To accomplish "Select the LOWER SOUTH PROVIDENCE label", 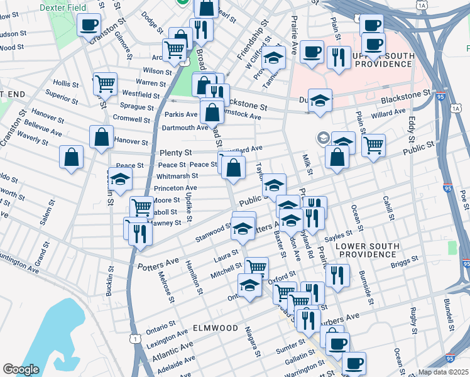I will tap(374, 249).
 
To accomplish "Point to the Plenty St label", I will tap(175, 153).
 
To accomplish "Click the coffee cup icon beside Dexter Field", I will tap(89, 25).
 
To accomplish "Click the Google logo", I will tap(21, 369).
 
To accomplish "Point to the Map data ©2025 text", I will tap(443, 372).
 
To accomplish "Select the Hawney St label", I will tap(167, 222).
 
